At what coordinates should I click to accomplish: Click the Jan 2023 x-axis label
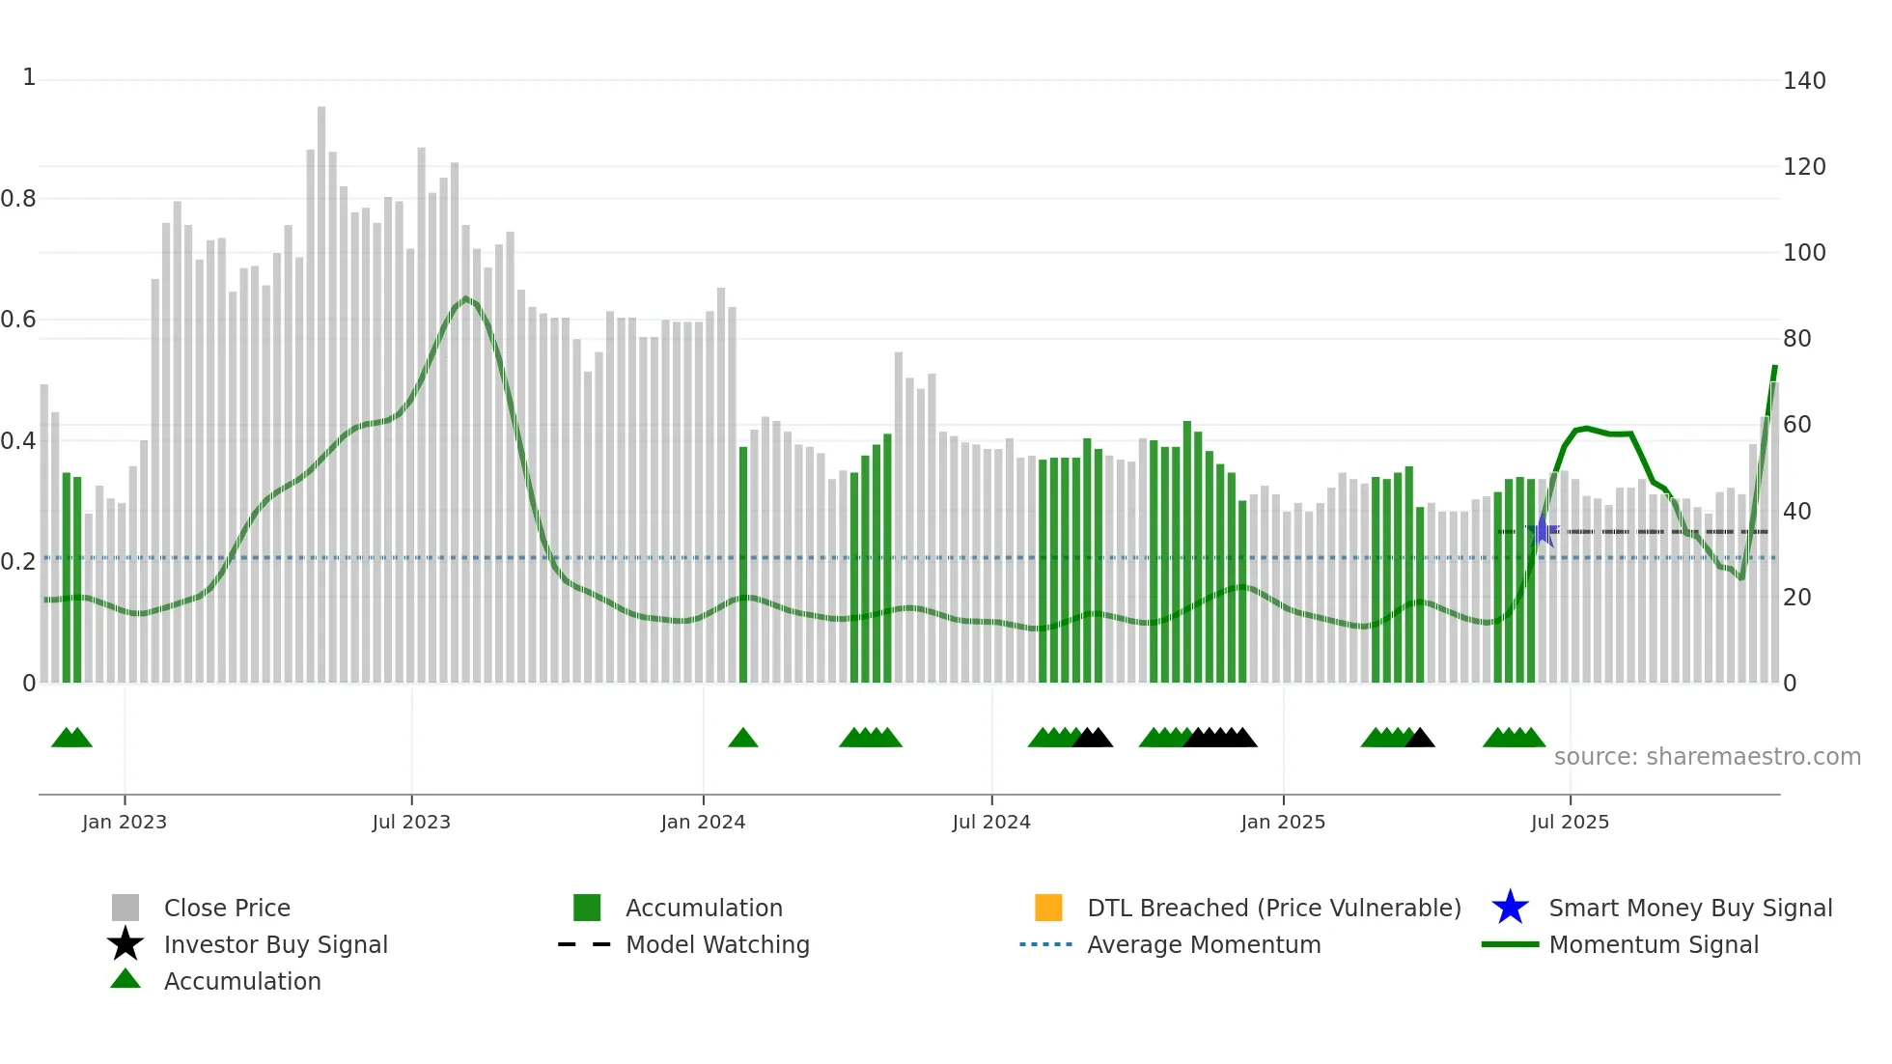tap(124, 822)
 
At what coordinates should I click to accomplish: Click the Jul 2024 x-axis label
tap(991, 822)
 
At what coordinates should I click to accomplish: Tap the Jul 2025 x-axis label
tap(1570, 822)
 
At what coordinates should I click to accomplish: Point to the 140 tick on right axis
tap(1803, 81)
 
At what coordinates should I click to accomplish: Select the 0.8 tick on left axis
tap(18, 199)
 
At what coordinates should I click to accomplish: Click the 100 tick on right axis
tap(1803, 253)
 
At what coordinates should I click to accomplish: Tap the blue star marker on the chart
tap(1543, 530)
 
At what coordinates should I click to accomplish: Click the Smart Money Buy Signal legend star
tap(1510, 908)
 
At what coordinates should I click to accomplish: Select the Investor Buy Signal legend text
tap(275, 944)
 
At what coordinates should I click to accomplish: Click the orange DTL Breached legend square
tap(1048, 908)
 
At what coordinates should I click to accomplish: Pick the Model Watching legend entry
tap(716, 944)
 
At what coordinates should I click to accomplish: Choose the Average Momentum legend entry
tap(1203, 944)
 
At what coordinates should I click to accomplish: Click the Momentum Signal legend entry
tap(1653, 944)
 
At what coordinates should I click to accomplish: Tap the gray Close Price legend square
tap(125, 908)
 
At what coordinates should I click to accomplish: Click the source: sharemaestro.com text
tap(1707, 757)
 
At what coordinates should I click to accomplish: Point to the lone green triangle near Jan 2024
tap(742, 739)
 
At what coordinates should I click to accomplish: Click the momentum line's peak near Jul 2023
tap(466, 298)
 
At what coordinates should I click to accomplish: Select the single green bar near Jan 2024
tap(743, 565)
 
